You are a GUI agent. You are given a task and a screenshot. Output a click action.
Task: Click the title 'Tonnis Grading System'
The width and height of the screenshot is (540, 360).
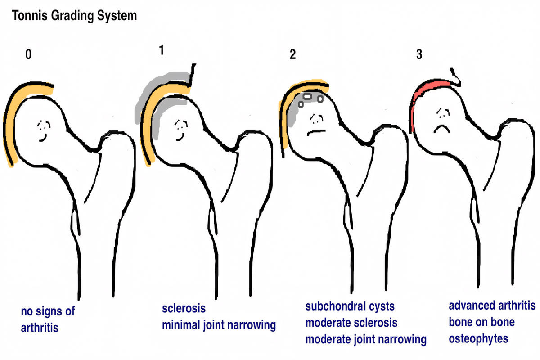point(74,17)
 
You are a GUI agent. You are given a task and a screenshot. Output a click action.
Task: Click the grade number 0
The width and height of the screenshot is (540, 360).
point(29,58)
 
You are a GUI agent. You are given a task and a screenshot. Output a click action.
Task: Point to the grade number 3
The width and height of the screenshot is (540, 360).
point(419,57)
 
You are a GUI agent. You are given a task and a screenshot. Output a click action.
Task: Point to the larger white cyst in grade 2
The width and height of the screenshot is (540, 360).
point(308,96)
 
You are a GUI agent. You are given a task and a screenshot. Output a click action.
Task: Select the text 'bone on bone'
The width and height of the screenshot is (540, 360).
point(481,322)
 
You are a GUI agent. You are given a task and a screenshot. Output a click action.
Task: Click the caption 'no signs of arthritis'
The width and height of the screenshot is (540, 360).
point(47,319)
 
